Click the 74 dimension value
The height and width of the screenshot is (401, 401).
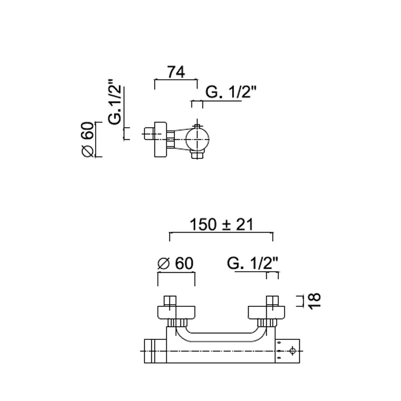click(x=176, y=72)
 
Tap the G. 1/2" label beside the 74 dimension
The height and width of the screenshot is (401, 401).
click(x=231, y=92)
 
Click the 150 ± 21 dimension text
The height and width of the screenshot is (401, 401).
click(x=222, y=225)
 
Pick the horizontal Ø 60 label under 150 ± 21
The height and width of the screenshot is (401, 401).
click(x=175, y=264)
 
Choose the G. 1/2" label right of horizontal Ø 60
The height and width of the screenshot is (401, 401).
click(x=253, y=264)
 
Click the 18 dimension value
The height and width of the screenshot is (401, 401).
click(x=314, y=301)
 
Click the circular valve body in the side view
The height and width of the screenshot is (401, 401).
click(x=197, y=139)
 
